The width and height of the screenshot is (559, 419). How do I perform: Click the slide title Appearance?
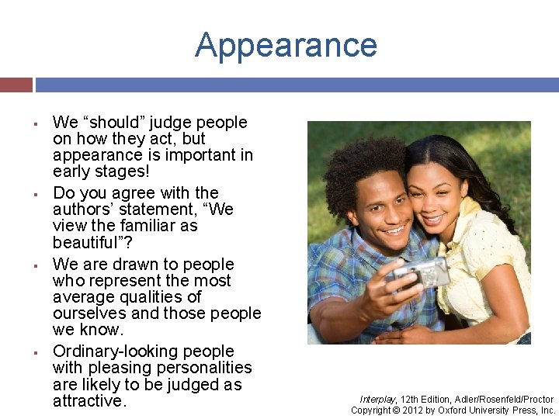pos(286,45)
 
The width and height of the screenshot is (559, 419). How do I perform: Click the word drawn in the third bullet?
pos(134,265)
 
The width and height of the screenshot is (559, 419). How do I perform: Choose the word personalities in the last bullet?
pos(205,368)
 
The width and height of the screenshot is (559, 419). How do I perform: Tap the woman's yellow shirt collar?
pos(466,213)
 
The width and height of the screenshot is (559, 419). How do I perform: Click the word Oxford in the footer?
pos(455,410)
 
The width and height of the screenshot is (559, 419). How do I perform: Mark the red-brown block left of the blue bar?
pos(16,85)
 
